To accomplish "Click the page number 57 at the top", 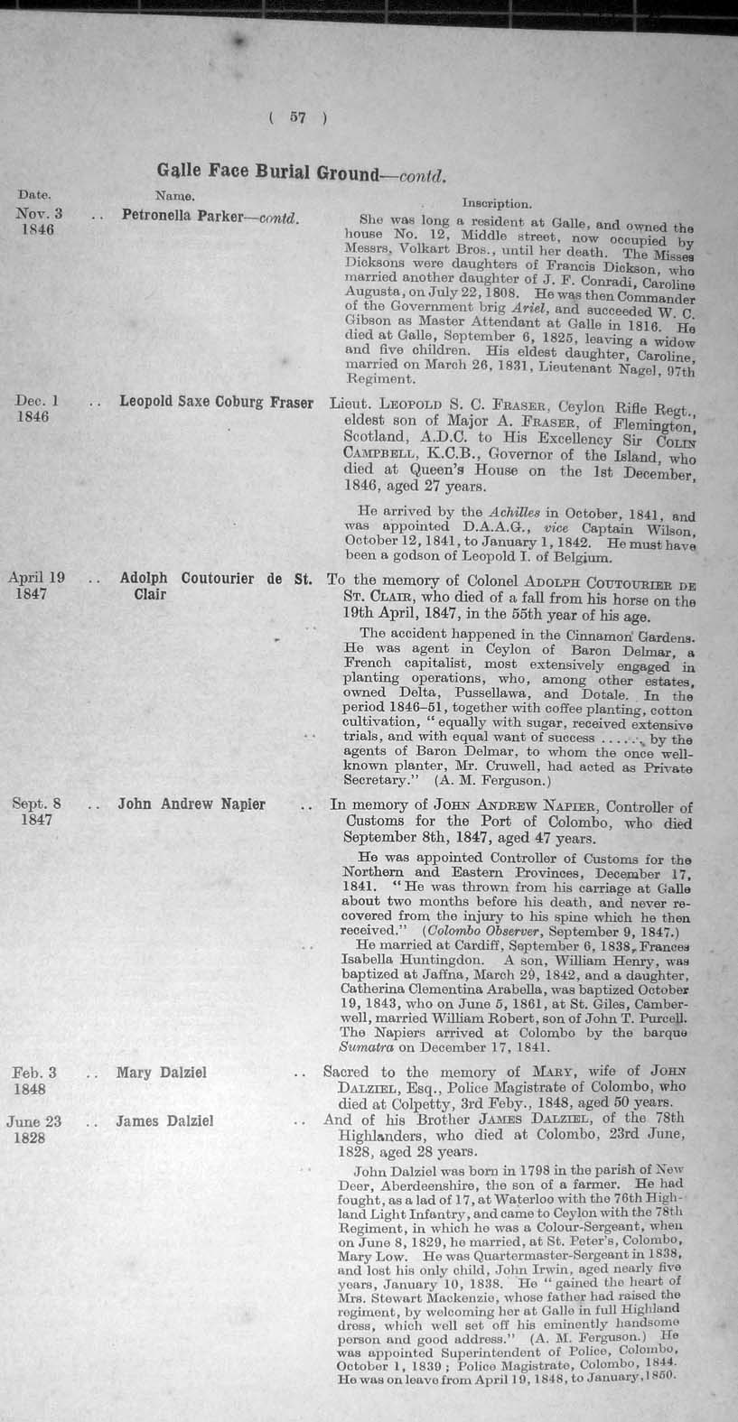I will (x=297, y=116).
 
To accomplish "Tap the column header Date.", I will (x=34, y=195).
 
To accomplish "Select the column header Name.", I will (x=171, y=195).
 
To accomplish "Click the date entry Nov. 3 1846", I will (x=36, y=221).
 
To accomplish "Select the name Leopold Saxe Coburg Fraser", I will (x=216, y=403).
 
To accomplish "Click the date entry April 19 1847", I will (x=36, y=585).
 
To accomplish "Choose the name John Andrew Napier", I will (x=192, y=804).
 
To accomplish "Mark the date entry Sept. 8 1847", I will (x=36, y=811).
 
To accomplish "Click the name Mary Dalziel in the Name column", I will (x=162, y=1073).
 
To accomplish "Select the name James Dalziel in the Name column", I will (x=164, y=1121).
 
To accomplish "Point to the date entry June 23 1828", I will (x=33, y=1129).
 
